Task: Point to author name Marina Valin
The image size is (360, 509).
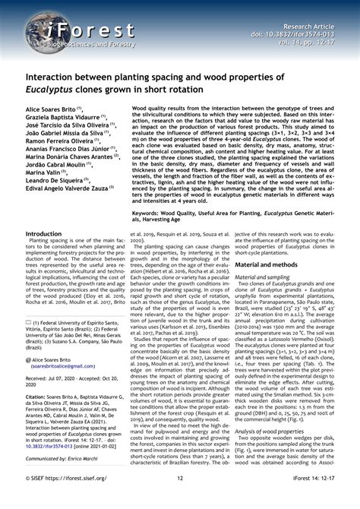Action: tap(44, 172)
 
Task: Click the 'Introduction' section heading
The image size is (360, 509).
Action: tap(43, 234)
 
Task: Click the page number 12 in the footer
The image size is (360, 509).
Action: tap(180, 499)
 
